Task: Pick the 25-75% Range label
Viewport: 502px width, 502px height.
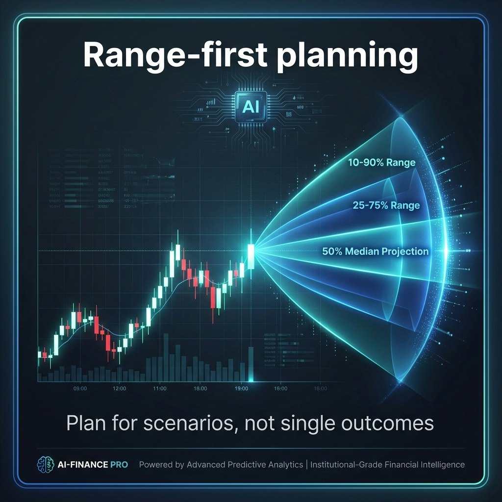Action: click(x=386, y=205)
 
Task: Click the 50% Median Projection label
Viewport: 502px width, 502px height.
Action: click(x=376, y=251)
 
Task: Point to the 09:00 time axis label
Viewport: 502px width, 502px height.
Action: click(x=80, y=388)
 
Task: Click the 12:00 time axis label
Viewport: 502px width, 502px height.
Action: click(x=120, y=388)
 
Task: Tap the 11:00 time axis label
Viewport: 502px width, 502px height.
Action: click(x=160, y=388)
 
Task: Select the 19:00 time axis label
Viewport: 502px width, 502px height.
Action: click(x=240, y=388)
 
